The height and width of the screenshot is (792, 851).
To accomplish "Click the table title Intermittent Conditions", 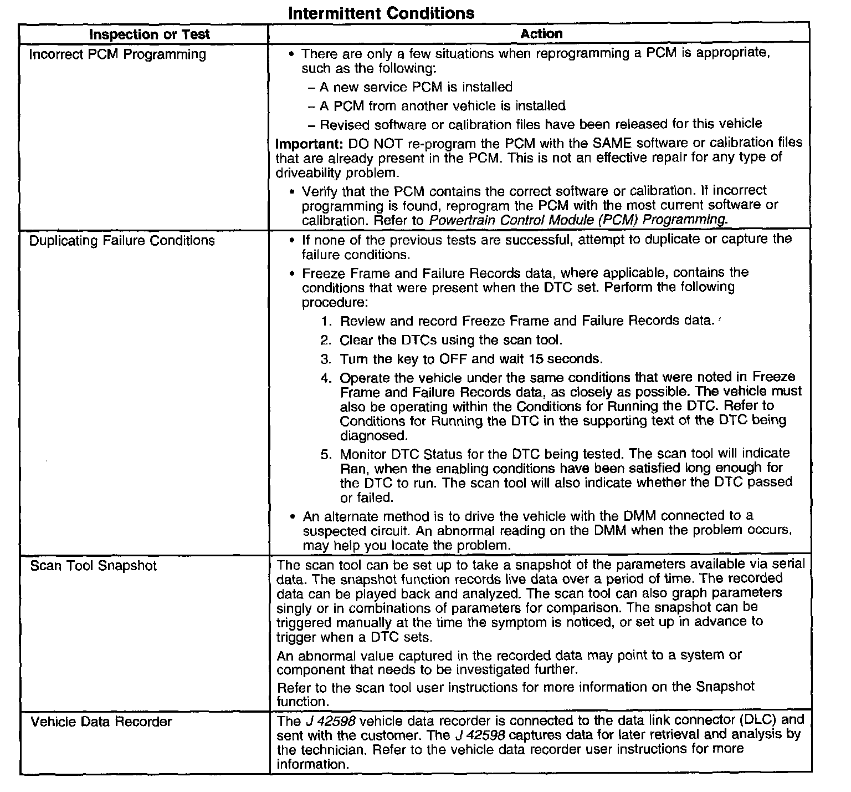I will [381, 13].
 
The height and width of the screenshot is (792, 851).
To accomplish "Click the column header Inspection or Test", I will [150, 34].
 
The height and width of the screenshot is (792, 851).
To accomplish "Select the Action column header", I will [541, 34].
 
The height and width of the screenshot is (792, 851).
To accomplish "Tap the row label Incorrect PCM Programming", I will [117, 54].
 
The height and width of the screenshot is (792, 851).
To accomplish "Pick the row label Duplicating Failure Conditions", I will [122, 241].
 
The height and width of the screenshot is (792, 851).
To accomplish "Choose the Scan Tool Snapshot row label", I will [94, 566].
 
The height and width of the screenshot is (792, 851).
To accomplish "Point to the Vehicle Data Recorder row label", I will [101, 722].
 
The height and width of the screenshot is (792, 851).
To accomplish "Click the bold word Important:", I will [310, 143].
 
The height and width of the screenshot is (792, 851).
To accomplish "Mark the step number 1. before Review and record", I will [326, 321].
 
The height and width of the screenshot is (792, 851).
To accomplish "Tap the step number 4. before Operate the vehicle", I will [326, 378].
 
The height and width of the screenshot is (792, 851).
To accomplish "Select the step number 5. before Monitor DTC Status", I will [326, 454].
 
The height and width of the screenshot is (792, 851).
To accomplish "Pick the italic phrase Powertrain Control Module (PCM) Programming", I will [577, 220].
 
